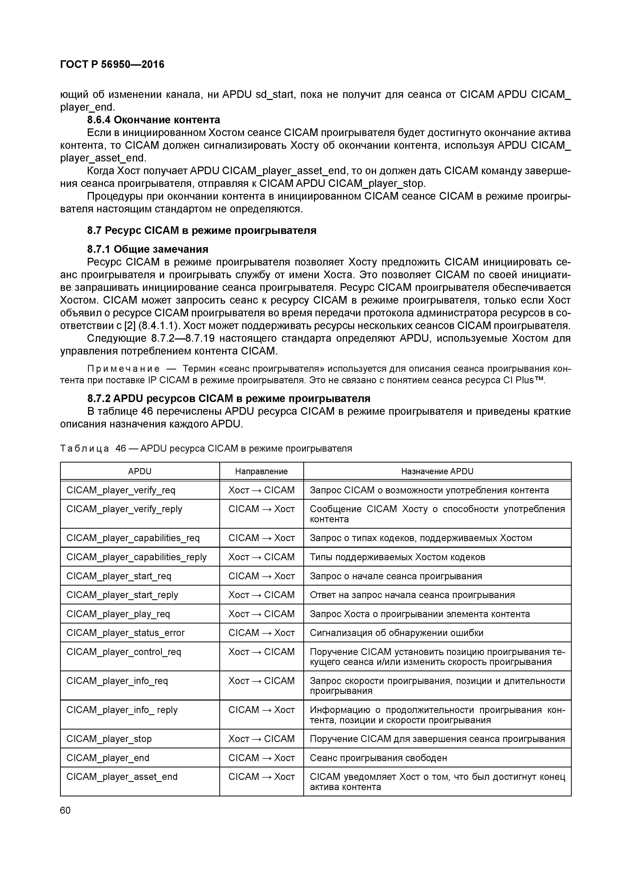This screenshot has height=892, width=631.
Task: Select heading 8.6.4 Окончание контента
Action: [x=154, y=120]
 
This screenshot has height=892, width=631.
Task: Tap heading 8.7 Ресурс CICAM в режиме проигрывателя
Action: [x=202, y=230]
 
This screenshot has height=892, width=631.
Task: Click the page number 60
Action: [x=65, y=810]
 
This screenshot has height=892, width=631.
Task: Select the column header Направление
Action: [x=261, y=471]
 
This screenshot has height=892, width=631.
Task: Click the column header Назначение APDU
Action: [x=437, y=471]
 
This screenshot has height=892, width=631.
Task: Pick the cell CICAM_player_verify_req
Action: [x=121, y=490]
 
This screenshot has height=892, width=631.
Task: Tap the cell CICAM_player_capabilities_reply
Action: [x=136, y=557]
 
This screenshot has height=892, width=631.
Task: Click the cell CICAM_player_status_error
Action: [x=126, y=633]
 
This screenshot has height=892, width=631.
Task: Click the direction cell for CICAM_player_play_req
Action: [x=261, y=614]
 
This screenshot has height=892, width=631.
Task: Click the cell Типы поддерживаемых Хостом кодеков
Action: [x=397, y=557]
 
